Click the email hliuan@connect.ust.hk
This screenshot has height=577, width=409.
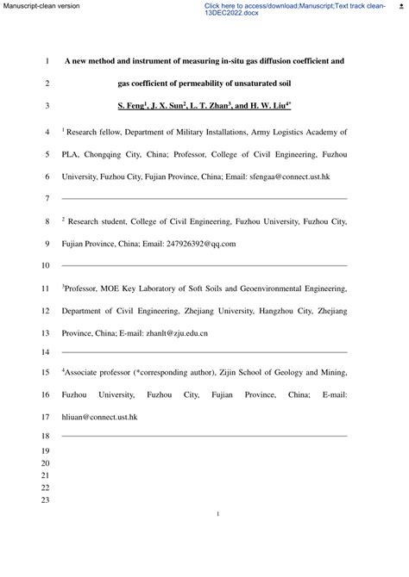[x=99, y=417]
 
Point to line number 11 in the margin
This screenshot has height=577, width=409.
[x=46, y=288]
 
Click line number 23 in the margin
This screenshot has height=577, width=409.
[x=46, y=501]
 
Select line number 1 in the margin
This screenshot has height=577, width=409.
[x=46, y=62]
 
